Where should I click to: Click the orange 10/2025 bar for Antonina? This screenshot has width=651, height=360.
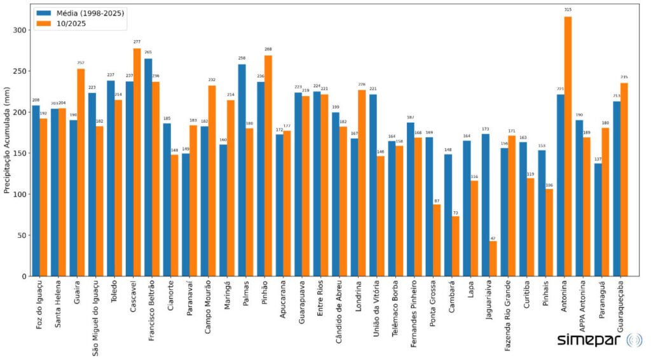(568, 146)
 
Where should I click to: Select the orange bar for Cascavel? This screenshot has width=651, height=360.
(137, 162)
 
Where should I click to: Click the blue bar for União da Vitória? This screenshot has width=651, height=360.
(373, 185)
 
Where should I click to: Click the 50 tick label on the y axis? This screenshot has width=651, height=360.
(22, 235)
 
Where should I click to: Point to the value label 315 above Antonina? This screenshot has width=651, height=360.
(568, 10)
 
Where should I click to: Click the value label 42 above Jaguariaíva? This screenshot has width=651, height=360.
(493, 237)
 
